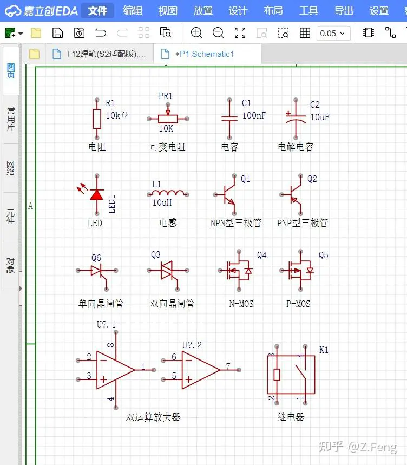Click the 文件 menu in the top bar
pos(97,11)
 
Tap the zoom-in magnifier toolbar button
pos(196,32)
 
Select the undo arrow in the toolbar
pos(101,32)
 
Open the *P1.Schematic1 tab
pos(204,54)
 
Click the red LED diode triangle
pos(97,195)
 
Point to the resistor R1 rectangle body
pos(97,119)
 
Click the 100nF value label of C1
pos(254,115)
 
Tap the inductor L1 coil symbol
pos(168,193)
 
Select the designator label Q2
pos(312,179)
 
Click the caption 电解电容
pos(296,147)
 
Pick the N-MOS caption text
pos(241,304)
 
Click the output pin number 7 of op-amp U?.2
pos(228,366)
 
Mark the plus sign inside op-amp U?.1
pos(103,379)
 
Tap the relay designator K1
pos(324,350)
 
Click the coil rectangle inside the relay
pos(277,375)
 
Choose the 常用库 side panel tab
pos(11,119)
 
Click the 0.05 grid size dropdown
pos(333,33)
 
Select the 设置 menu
pos(379,11)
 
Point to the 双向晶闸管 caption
pos(172,303)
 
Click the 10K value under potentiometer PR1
pos(166,128)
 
